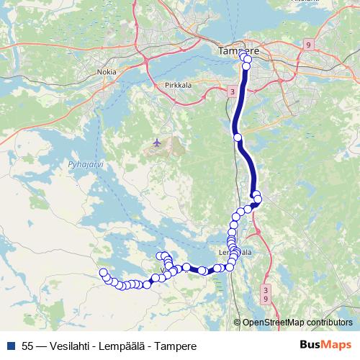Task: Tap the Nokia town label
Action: tap(106, 72)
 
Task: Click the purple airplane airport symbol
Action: tap(157, 143)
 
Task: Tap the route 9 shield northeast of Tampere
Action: tap(308, 45)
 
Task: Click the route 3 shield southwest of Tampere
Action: tap(232, 91)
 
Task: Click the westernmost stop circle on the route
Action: tap(104, 273)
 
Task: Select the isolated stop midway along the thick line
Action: tap(238, 136)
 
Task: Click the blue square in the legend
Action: tap(10, 345)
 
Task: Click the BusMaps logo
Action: tap(326, 344)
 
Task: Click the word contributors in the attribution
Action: tap(330, 322)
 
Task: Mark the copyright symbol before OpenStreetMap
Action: tap(238, 322)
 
